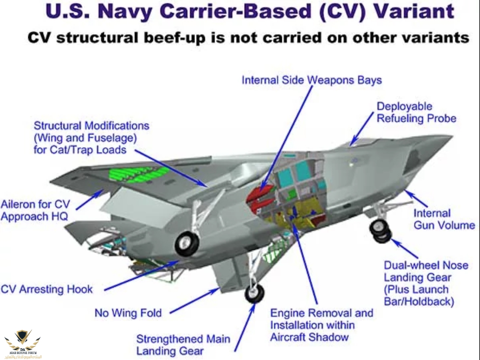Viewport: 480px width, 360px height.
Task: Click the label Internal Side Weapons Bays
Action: (311, 80)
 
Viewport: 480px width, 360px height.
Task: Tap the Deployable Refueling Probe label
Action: (416, 113)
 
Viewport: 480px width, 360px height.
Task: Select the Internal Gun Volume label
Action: (444, 219)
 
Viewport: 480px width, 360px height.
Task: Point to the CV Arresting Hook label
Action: (47, 289)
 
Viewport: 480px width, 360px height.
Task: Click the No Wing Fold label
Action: (128, 313)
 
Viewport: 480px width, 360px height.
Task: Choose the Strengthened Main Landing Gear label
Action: (183, 345)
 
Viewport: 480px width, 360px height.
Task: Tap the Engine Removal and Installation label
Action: (321, 325)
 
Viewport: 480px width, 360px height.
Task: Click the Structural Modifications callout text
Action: (91, 138)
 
